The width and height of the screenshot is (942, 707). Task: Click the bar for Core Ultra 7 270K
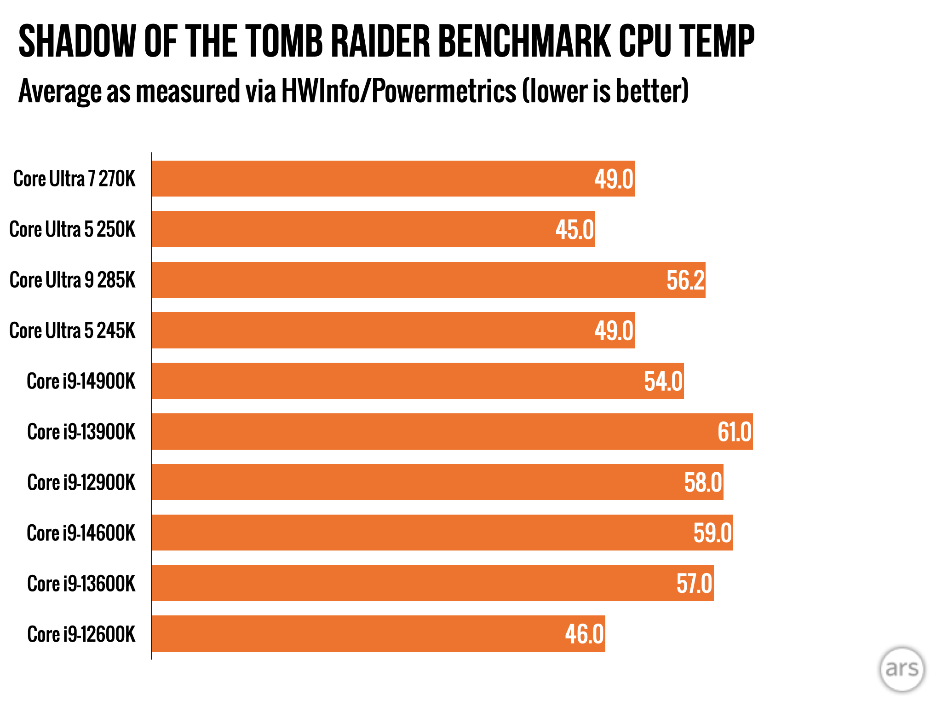tap(393, 179)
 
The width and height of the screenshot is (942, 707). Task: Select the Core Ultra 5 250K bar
tap(373, 229)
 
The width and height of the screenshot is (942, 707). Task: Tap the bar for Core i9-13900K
tap(452, 431)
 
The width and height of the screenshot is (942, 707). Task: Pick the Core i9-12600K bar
tap(379, 633)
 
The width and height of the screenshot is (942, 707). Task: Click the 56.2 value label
tap(685, 280)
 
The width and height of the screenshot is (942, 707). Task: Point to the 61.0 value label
tap(734, 432)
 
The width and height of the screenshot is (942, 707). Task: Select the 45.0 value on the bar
tap(574, 230)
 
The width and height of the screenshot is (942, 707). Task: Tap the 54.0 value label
tap(663, 382)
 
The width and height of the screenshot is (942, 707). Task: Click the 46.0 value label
tap(584, 634)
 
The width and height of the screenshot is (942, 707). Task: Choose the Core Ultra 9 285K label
tap(73, 280)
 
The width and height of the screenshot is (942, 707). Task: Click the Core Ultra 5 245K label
tap(73, 330)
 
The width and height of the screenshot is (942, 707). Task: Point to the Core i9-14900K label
tap(81, 381)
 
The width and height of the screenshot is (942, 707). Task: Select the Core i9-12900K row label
tap(81, 482)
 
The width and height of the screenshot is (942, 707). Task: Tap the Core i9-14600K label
tap(81, 533)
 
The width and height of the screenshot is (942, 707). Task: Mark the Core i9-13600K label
tap(81, 584)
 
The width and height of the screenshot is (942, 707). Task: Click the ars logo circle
tap(902, 669)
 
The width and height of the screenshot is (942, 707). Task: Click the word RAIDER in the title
tap(380, 41)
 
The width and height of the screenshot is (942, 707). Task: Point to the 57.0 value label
tap(694, 584)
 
